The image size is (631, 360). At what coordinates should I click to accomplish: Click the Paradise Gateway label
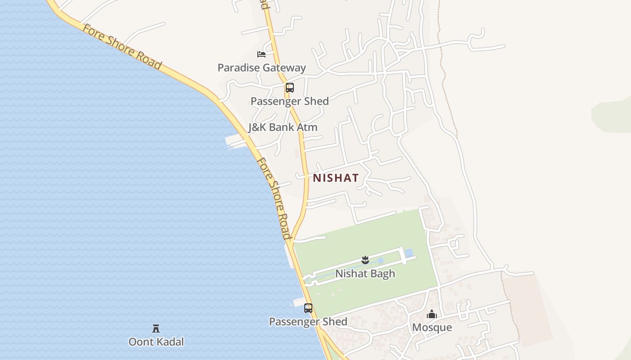(261, 68)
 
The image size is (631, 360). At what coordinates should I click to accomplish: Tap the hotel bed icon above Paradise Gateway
(261, 54)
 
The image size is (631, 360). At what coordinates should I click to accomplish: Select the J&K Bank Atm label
(283, 127)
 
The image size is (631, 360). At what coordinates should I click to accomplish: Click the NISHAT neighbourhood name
(336, 178)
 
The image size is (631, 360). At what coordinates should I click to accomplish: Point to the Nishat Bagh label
(365, 274)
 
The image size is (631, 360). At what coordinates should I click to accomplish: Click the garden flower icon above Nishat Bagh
(365, 260)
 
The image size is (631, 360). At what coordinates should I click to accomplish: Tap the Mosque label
(432, 327)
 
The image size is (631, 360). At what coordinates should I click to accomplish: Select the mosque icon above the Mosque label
(432, 314)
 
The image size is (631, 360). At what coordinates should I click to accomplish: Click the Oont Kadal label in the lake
(156, 342)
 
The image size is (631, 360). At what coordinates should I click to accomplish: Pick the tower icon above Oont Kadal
(156, 328)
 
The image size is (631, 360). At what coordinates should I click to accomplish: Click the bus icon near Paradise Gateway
(289, 88)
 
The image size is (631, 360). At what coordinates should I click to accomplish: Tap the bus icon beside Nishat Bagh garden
(308, 308)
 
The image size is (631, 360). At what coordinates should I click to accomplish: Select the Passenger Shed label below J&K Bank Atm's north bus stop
(289, 101)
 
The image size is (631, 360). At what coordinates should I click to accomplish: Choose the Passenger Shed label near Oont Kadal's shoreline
(308, 322)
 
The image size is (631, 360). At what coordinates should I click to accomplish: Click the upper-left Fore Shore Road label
(122, 47)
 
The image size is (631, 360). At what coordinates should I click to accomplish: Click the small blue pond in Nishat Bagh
(409, 253)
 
